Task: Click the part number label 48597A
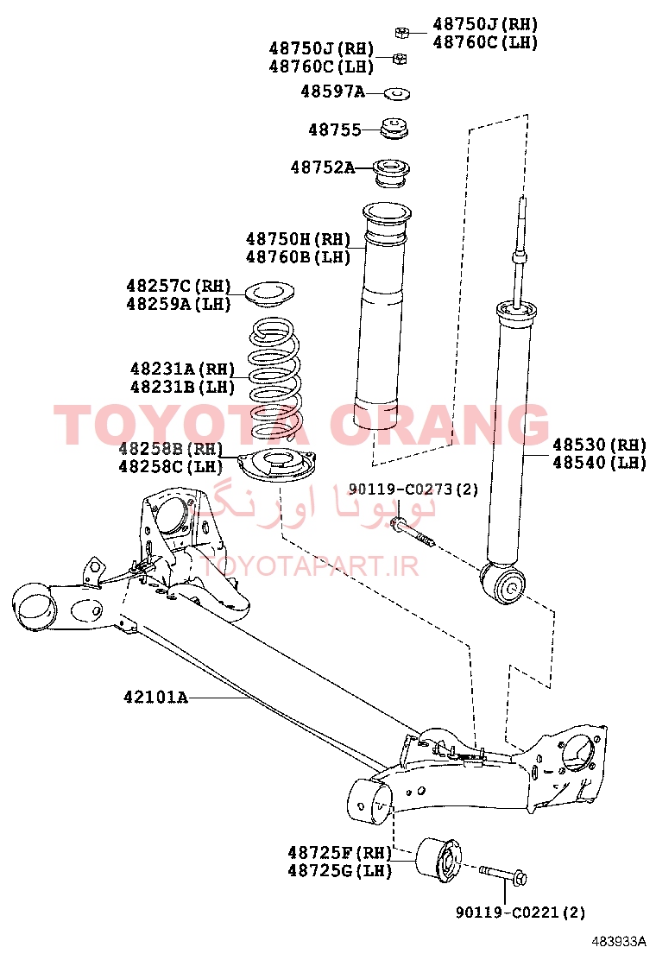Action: pyautogui.click(x=332, y=92)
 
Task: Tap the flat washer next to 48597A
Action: pyautogui.click(x=396, y=94)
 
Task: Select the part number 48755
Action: pyautogui.click(x=335, y=129)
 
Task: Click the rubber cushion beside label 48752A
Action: pyautogui.click(x=392, y=172)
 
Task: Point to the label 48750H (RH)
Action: pyautogui.click(x=298, y=239)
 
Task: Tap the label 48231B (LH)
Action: pyautogui.click(x=182, y=387)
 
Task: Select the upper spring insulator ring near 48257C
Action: pyautogui.click(x=270, y=292)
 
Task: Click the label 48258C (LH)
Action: pyautogui.click(x=171, y=466)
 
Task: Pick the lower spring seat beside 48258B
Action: pyautogui.click(x=278, y=466)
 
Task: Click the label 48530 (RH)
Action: pyautogui.click(x=599, y=445)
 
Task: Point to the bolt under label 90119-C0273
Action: pyautogui.click(x=415, y=534)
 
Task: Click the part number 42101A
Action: pyautogui.click(x=155, y=698)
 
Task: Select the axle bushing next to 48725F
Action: pyautogui.click(x=438, y=858)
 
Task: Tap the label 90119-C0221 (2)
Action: pyautogui.click(x=520, y=913)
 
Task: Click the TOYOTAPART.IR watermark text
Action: pyautogui.click(x=310, y=566)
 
